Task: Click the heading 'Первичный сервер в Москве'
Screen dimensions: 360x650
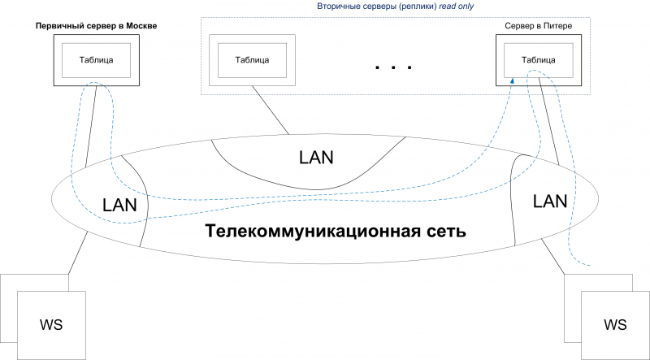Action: click(x=96, y=27)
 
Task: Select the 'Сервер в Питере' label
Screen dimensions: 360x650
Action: click(x=539, y=27)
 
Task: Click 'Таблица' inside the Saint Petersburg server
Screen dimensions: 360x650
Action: click(x=539, y=59)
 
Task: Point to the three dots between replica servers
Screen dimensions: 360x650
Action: click(x=395, y=67)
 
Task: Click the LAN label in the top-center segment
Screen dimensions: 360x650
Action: click(x=316, y=157)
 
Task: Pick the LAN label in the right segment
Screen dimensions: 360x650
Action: click(x=550, y=201)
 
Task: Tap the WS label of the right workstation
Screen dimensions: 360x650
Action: click(x=615, y=325)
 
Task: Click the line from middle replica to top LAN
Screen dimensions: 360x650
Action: click(x=268, y=110)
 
